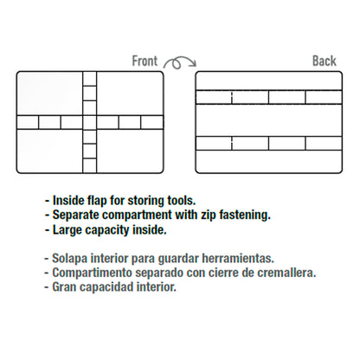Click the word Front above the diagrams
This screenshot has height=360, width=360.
click(x=145, y=61)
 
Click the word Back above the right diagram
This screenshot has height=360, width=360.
click(x=325, y=61)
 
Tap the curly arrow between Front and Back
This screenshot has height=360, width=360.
click(x=179, y=62)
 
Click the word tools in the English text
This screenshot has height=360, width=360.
click(x=182, y=201)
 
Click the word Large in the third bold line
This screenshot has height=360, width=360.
click(x=67, y=230)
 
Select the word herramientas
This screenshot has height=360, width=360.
click(x=238, y=258)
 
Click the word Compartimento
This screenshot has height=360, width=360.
click(x=93, y=273)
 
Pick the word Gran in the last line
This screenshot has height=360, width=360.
click(x=64, y=287)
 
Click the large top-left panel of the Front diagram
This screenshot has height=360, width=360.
click(x=50, y=93)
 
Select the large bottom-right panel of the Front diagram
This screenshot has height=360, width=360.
click(x=130, y=151)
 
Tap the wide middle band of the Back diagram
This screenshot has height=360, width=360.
click(x=269, y=120)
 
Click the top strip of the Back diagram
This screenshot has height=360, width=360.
click(x=269, y=80)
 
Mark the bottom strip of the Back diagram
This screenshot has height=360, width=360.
click(x=269, y=161)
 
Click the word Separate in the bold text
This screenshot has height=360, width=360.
click(x=75, y=215)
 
